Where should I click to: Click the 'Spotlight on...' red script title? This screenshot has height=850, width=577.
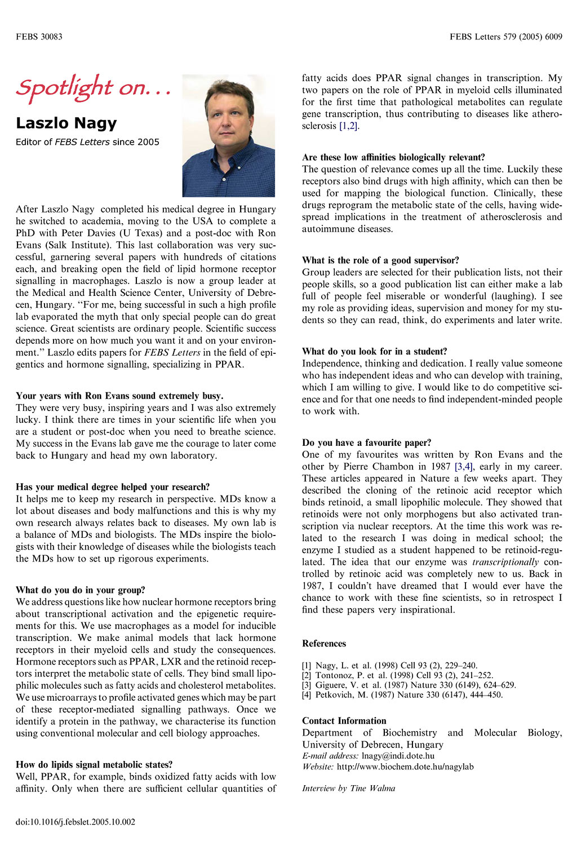(x=93, y=88)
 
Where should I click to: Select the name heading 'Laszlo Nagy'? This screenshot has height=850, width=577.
(x=66, y=123)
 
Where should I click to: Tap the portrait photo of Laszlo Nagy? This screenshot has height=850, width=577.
(x=228, y=136)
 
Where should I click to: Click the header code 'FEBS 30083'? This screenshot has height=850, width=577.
(x=39, y=37)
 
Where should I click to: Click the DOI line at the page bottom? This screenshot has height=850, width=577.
(x=76, y=822)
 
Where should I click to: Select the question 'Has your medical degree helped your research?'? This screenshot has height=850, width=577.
(x=113, y=487)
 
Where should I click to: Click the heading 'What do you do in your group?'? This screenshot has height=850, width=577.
(x=81, y=590)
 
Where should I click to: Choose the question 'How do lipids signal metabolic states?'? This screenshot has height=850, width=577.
(x=94, y=765)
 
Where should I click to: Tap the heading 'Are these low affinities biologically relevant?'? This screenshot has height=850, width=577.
(x=393, y=157)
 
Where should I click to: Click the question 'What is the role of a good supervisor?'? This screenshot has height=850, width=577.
(x=380, y=260)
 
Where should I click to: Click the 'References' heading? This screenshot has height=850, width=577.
(x=324, y=644)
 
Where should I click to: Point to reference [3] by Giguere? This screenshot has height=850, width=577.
(x=409, y=685)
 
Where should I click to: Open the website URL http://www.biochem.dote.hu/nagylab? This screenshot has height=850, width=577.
(x=405, y=767)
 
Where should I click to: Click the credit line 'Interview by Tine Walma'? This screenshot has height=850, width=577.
(x=348, y=789)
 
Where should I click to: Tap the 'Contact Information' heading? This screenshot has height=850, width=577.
(x=344, y=721)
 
